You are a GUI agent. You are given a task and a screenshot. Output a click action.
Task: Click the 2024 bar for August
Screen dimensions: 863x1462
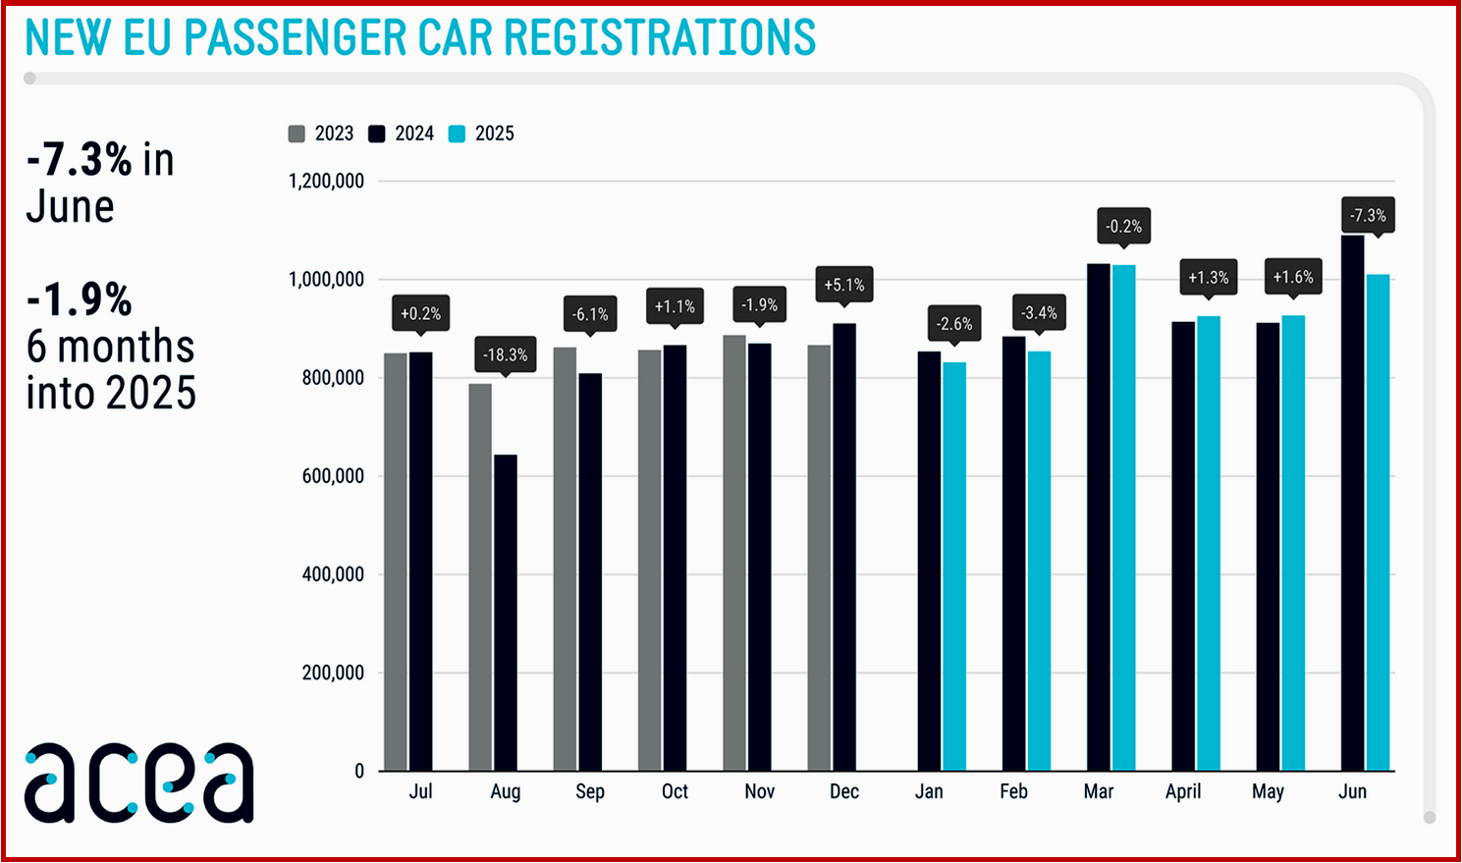click(x=505, y=613)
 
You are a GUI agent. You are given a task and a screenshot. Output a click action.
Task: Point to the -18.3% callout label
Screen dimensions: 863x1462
click(x=506, y=354)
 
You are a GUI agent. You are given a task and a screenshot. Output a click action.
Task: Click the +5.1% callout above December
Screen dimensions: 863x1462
click(x=843, y=285)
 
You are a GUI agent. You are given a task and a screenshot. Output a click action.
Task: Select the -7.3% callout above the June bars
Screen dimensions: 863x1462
click(x=1368, y=215)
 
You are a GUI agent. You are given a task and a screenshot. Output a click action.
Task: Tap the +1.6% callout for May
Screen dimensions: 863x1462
click(x=1292, y=277)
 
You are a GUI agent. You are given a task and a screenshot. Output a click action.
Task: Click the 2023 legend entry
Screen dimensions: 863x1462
click(x=321, y=134)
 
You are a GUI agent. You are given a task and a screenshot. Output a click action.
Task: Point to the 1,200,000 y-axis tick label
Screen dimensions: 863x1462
click(x=326, y=181)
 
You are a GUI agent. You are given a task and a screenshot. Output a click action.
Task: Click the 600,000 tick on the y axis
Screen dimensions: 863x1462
click(x=332, y=476)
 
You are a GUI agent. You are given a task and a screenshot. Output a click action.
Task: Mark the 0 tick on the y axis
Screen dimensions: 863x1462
click(x=358, y=772)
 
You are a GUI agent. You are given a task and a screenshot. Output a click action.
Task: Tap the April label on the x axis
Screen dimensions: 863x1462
click(x=1183, y=791)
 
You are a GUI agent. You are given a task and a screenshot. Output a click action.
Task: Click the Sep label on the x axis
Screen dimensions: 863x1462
click(x=589, y=791)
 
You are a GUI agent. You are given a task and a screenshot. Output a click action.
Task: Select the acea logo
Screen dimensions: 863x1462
click(x=138, y=782)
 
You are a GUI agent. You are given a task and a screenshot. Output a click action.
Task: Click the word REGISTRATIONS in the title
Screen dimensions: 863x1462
click(x=659, y=38)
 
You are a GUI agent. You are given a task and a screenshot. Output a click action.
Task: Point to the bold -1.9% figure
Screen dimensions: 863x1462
click(x=80, y=299)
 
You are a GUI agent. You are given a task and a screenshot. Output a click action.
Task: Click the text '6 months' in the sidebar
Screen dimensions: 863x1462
click(x=110, y=347)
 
